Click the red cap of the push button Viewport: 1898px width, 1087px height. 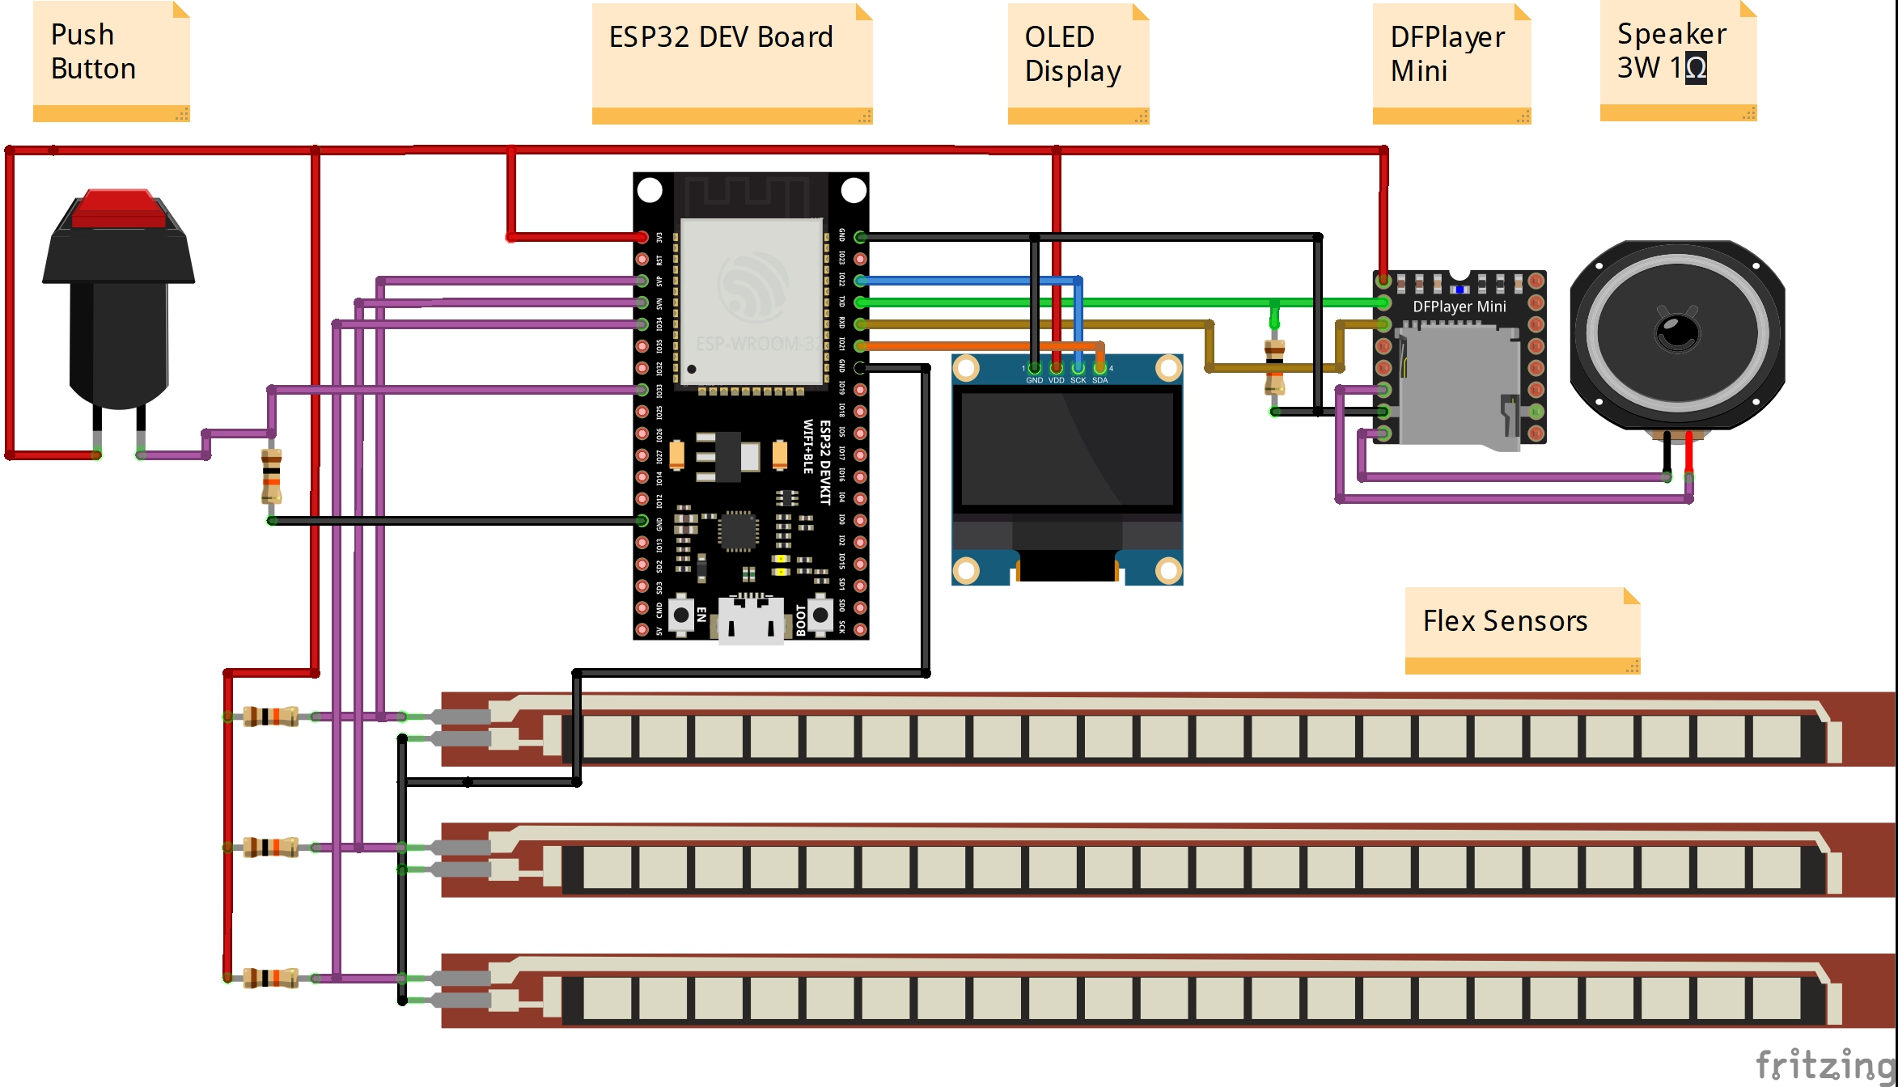pyautogui.click(x=119, y=209)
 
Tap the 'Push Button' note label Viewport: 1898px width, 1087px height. pyautogui.click(x=93, y=52)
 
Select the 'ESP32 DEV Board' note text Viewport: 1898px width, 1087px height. pyautogui.click(x=721, y=37)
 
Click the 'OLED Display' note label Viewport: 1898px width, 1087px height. pyautogui.click(x=1072, y=53)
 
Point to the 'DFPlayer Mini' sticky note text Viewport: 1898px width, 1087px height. pyautogui.click(x=1447, y=53)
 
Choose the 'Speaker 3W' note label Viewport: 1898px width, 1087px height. pyautogui.click(x=1671, y=51)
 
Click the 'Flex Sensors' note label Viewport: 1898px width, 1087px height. pyautogui.click(x=1505, y=621)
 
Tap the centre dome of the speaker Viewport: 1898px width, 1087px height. pyautogui.click(x=1678, y=332)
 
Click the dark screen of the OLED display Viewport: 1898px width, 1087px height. pyautogui.click(x=1066, y=449)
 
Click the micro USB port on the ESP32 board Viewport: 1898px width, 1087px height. pyautogui.click(x=751, y=621)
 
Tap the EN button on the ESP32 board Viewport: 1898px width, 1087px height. pyautogui.click(x=682, y=615)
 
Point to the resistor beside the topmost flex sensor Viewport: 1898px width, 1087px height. pyautogui.click(x=270, y=717)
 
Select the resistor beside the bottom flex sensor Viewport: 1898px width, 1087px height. pyautogui.click(x=270, y=978)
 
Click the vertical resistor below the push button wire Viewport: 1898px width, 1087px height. pyautogui.click(x=272, y=477)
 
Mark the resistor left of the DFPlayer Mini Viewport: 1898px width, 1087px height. pyautogui.click(x=1274, y=367)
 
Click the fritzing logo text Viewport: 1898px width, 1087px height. pyautogui.click(x=1824, y=1064)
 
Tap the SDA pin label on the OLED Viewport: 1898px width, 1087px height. pyautogui.click(x=1099, y=380)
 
